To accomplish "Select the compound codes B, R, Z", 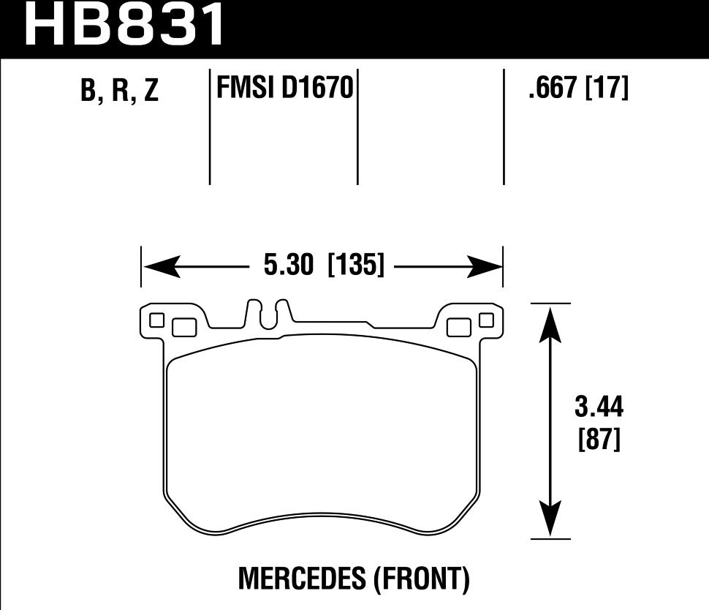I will pyautogui.click(x=121, y=92).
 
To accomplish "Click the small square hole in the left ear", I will pyautogui.click(x=156, y=320).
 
